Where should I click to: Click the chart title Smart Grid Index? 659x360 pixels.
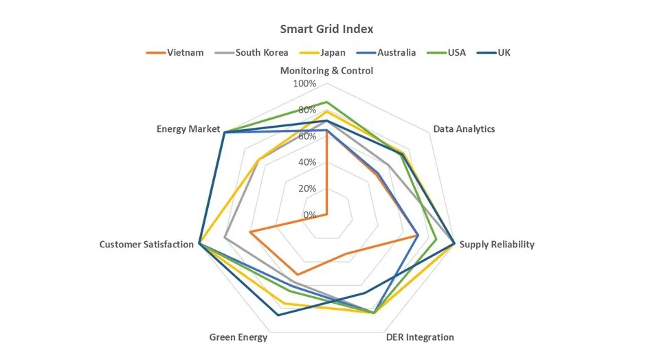(x=326, y=30)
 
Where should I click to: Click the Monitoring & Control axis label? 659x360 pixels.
(x=326, y=71)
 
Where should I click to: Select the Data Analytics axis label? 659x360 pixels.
(x=464, y=129)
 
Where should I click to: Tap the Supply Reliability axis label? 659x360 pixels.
(x=497, y=245)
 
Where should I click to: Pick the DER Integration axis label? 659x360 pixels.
(x=420, y=337)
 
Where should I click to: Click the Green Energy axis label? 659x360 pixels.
(x=238, y=337)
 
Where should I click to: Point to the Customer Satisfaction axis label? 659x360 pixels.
(x=146, y=245)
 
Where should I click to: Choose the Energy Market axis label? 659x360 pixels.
(x=188, y=129)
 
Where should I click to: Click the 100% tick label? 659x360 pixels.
(x=304, y=84)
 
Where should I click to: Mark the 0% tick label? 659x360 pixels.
(x=310, y=214)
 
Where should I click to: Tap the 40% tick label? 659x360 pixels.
(x=306, y=162)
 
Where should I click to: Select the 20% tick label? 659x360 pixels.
(x=306, y=188)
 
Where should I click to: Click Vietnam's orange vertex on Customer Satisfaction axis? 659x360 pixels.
(x=250, y=232)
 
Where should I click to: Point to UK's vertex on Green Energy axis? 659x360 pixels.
(x=278, y=315)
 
